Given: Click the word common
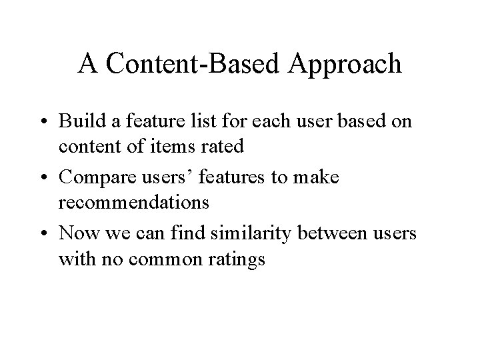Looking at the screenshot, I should pyautogui.click(x=164, y=259).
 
